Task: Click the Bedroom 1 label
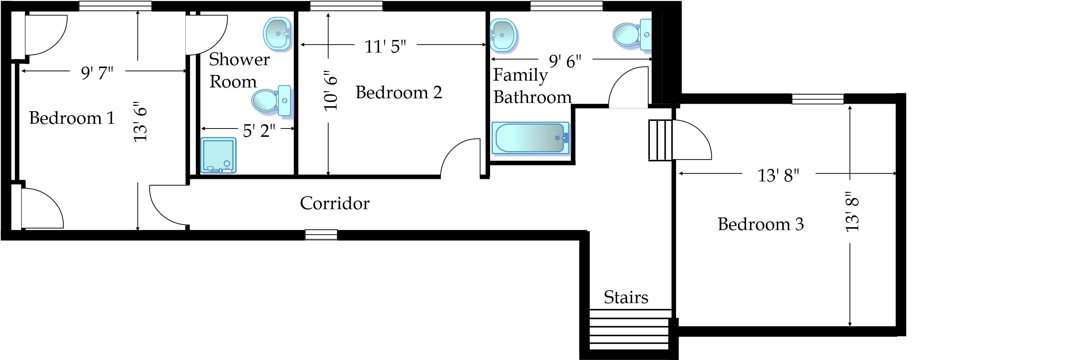coord(72,118)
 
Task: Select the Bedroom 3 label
coord(760,224)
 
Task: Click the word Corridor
coord(334,203)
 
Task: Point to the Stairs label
coord(626,298)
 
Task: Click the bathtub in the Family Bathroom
coord(530,138)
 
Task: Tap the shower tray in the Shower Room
coord(218,156)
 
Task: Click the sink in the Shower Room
coord(277,33)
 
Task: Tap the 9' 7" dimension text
coord(97,73)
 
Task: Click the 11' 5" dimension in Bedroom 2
coord(385,46)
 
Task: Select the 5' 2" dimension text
coord(259,131)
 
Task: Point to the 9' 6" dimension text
coord(565,62)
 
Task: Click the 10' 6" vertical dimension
coord(330,90)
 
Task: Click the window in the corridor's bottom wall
coord(321,235)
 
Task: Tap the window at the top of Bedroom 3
coord(817,99)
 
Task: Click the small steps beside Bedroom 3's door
coord(660,140)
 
